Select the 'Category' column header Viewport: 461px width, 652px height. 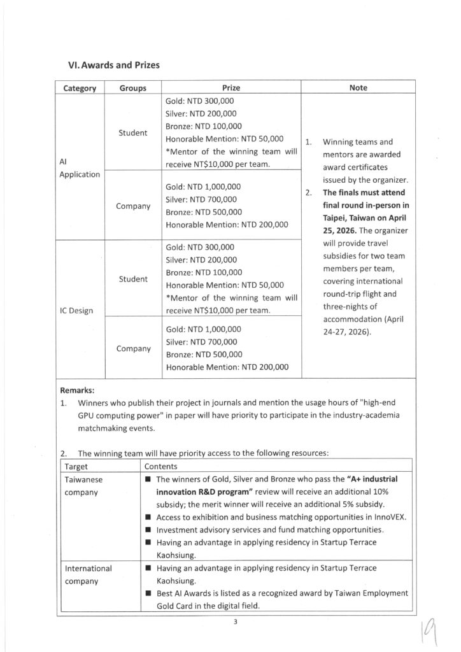click(80, 89)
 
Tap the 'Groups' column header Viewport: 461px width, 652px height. click(132, 89)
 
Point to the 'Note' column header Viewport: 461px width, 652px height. click(358, 88)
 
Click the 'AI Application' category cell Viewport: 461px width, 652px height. click(80, 168)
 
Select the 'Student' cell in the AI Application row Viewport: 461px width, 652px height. click(132, 132)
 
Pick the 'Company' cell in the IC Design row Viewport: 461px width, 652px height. click(132, 349)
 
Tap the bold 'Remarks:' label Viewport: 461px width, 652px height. click(80, 390)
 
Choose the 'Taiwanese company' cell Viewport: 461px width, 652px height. click(86, 486)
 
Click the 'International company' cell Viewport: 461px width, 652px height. click(89, 574)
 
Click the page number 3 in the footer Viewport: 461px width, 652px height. click(235, 622)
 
